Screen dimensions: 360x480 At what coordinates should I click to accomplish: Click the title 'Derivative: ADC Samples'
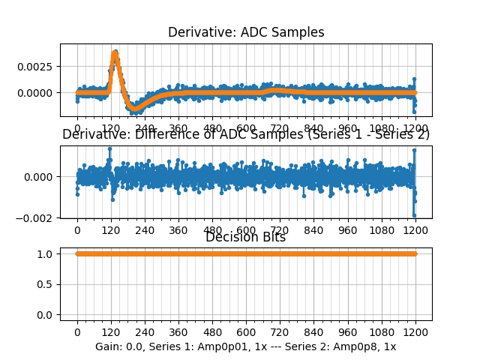(246, 32)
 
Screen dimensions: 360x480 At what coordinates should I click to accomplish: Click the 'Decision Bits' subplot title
(246, 237)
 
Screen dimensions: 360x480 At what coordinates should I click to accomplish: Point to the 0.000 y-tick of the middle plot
(43, 177)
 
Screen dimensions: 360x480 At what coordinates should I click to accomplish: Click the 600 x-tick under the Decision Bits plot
(246, 331)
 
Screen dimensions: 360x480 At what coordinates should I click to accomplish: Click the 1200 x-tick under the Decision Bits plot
(415, 331)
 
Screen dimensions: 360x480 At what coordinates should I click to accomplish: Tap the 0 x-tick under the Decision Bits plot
(76, 331)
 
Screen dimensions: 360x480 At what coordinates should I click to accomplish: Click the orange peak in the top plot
(115, 53)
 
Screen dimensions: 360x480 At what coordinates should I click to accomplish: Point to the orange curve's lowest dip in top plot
(135, 109)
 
